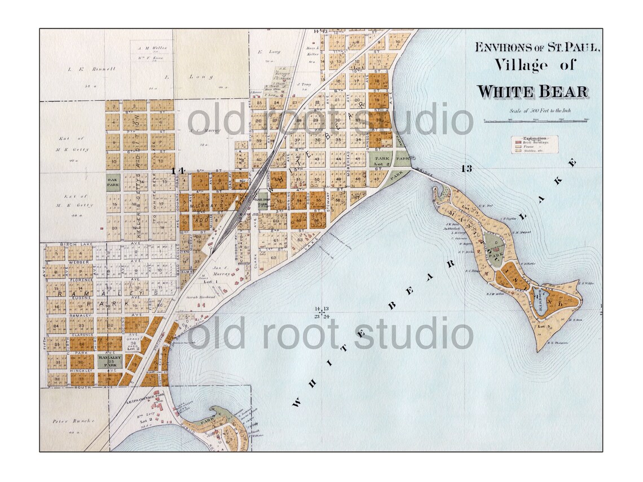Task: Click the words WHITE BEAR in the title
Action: click(532, 91)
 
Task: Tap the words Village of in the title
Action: click(535, 65)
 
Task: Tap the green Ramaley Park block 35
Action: click(109, 361)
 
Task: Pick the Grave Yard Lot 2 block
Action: click(133, 345)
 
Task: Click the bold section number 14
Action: click(178, 170)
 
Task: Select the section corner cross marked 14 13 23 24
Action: click(321, 312)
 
